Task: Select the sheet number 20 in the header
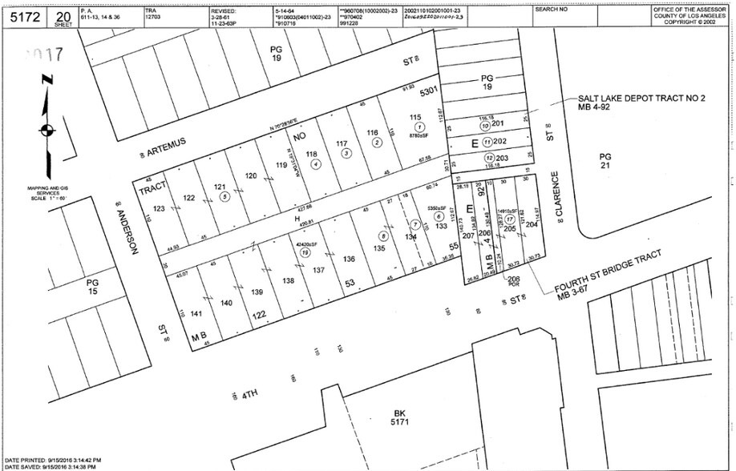(x=63, y=15)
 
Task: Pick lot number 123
(x=159, y=208)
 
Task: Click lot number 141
(x=195, y=314)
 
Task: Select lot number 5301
(x=428, y=91)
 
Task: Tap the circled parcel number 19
(x=305, y=252)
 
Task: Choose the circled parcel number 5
(x=225, y=195)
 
